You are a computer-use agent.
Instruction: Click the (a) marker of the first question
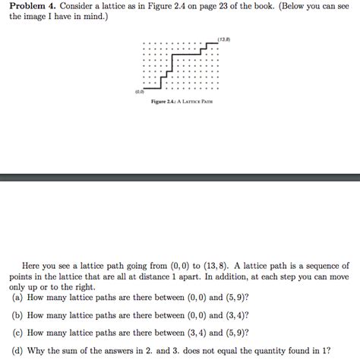click(x=16, y=298)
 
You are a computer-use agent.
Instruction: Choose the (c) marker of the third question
click(x=16, y=332)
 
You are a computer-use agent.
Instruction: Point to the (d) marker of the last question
click(x=16, y=349)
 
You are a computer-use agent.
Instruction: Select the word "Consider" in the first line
click(x=82, y=6)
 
